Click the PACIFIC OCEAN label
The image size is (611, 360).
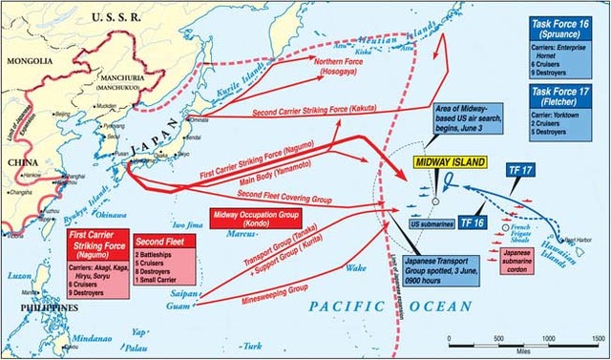pos(392,306)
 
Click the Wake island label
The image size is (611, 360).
pos(355,268)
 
